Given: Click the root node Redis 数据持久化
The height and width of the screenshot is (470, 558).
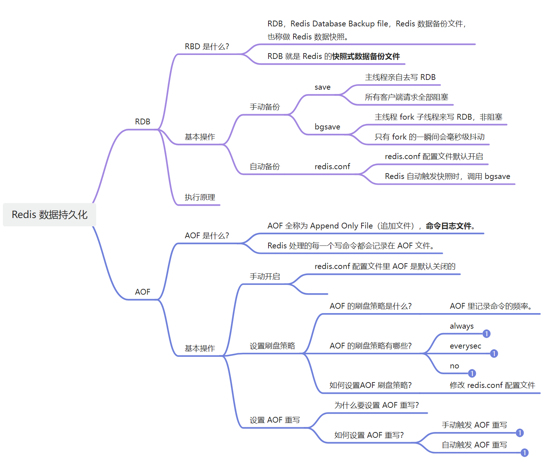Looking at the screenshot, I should pos(50,215).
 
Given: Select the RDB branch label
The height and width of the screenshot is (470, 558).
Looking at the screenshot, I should pos(143,122).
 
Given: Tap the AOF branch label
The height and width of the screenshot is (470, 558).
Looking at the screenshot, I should pos(143,292).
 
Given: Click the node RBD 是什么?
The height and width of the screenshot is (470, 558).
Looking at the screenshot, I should pos(207,47).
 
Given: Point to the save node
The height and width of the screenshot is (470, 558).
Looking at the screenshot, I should pos(322,87).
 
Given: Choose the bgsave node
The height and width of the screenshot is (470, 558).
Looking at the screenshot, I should pos(327,127).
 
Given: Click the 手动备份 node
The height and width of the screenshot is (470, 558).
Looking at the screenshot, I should pos(265,107).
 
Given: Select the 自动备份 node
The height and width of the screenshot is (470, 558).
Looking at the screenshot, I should pos(265,167).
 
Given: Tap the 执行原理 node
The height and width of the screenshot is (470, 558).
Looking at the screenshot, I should pos(200,197).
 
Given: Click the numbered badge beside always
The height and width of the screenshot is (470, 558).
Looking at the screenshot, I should pos(486,334).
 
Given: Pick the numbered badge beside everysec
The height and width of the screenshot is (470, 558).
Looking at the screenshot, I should pos(494,354).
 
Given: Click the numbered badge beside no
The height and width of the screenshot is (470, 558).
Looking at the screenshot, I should pos(472,373).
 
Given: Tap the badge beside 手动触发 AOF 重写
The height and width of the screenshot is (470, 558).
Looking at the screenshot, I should pos(520,433).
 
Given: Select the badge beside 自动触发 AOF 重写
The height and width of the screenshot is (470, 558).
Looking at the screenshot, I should pos(524,453).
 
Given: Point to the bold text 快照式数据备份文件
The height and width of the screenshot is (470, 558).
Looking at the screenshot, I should pos(366,56).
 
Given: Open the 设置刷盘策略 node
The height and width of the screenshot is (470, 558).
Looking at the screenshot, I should pos(272,346).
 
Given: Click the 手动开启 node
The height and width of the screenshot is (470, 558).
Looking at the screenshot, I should pos(265,277).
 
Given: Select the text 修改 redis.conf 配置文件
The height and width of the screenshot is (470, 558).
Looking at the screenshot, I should pos(492,385).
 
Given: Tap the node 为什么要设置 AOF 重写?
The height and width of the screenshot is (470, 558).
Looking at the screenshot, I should pos(376,405).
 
